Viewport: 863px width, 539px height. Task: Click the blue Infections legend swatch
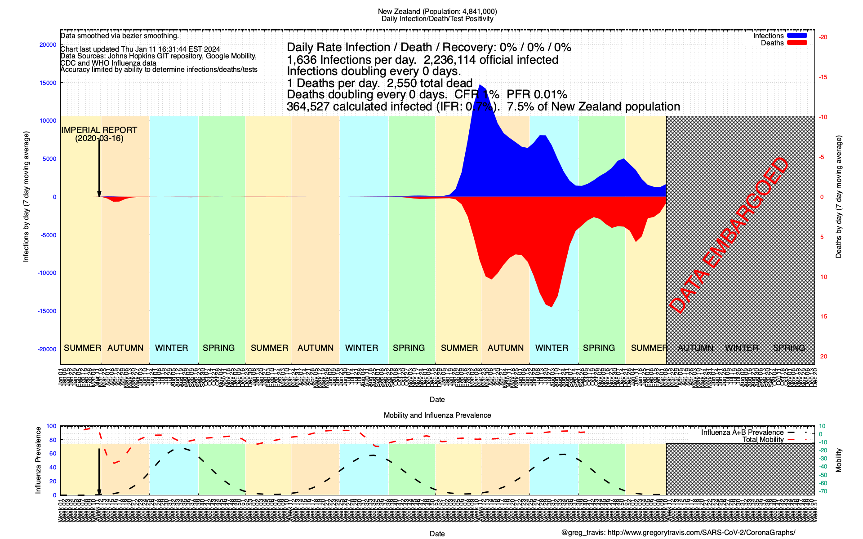tap(797, 35)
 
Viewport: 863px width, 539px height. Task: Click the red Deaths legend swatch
tap(797, 43)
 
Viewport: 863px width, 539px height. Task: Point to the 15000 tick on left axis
tap(48, 83)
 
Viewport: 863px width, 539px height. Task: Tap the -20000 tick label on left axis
tap(47, 349)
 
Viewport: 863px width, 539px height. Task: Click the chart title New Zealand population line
tap(437, 11)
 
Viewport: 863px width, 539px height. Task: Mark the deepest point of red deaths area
tap(552, 307)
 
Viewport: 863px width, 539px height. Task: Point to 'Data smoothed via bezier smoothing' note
tap(120, 36)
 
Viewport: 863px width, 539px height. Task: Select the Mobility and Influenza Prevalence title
tap(437, 415)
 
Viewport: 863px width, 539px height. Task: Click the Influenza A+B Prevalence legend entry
tap(742, 432)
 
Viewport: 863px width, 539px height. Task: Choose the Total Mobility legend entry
tap(763, 439)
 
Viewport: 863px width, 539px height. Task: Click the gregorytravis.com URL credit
tap(678, 533)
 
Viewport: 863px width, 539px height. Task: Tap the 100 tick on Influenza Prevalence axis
tap(51, 426)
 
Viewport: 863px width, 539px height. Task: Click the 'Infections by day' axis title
tap(26, 197)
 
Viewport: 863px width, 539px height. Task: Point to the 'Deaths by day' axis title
tap(839, 197)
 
